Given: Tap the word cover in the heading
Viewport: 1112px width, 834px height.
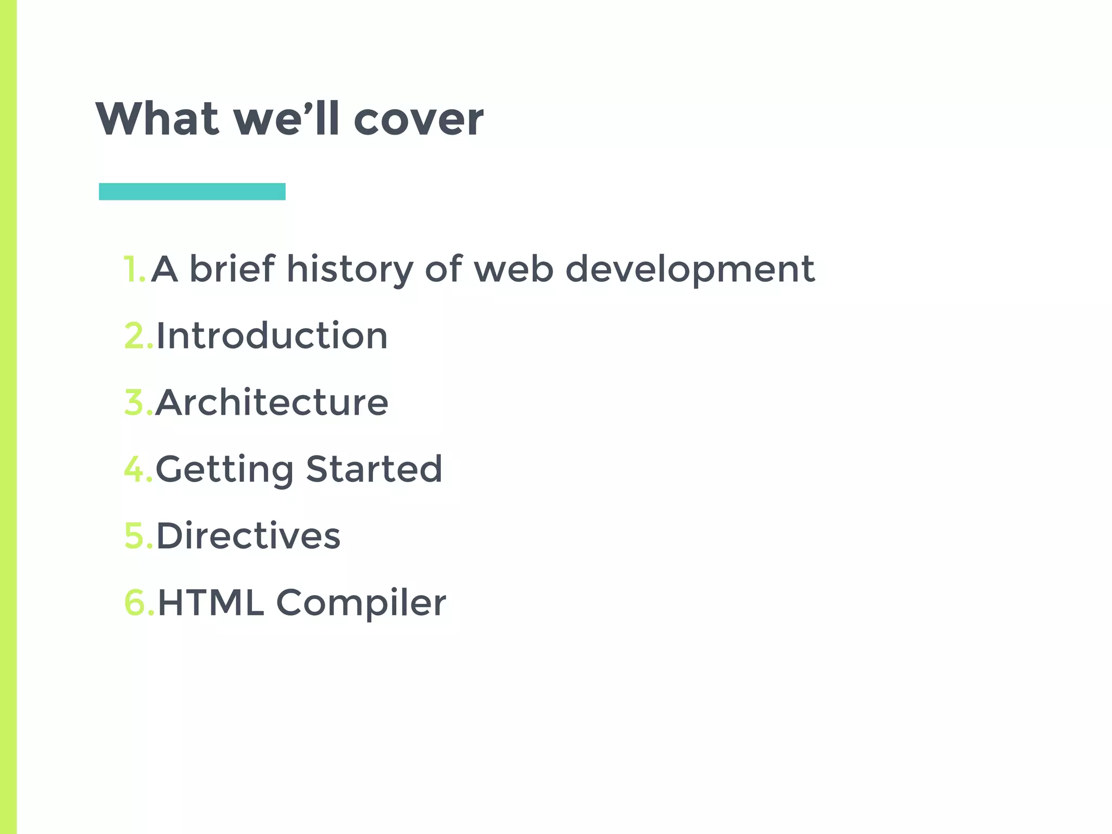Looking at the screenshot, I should [418, 119].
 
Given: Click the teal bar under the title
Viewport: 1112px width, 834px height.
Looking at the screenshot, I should [192, 192].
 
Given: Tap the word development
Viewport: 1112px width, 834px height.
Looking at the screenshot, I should [690, 270].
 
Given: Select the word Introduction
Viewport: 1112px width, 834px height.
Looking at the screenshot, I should [272, 336].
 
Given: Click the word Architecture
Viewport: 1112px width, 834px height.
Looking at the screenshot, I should [272, 402].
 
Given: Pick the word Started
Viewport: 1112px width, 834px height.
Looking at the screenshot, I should [374, 469].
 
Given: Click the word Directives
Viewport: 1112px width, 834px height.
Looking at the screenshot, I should [248, 536].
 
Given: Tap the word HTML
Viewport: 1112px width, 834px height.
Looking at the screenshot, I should [211, 603].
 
